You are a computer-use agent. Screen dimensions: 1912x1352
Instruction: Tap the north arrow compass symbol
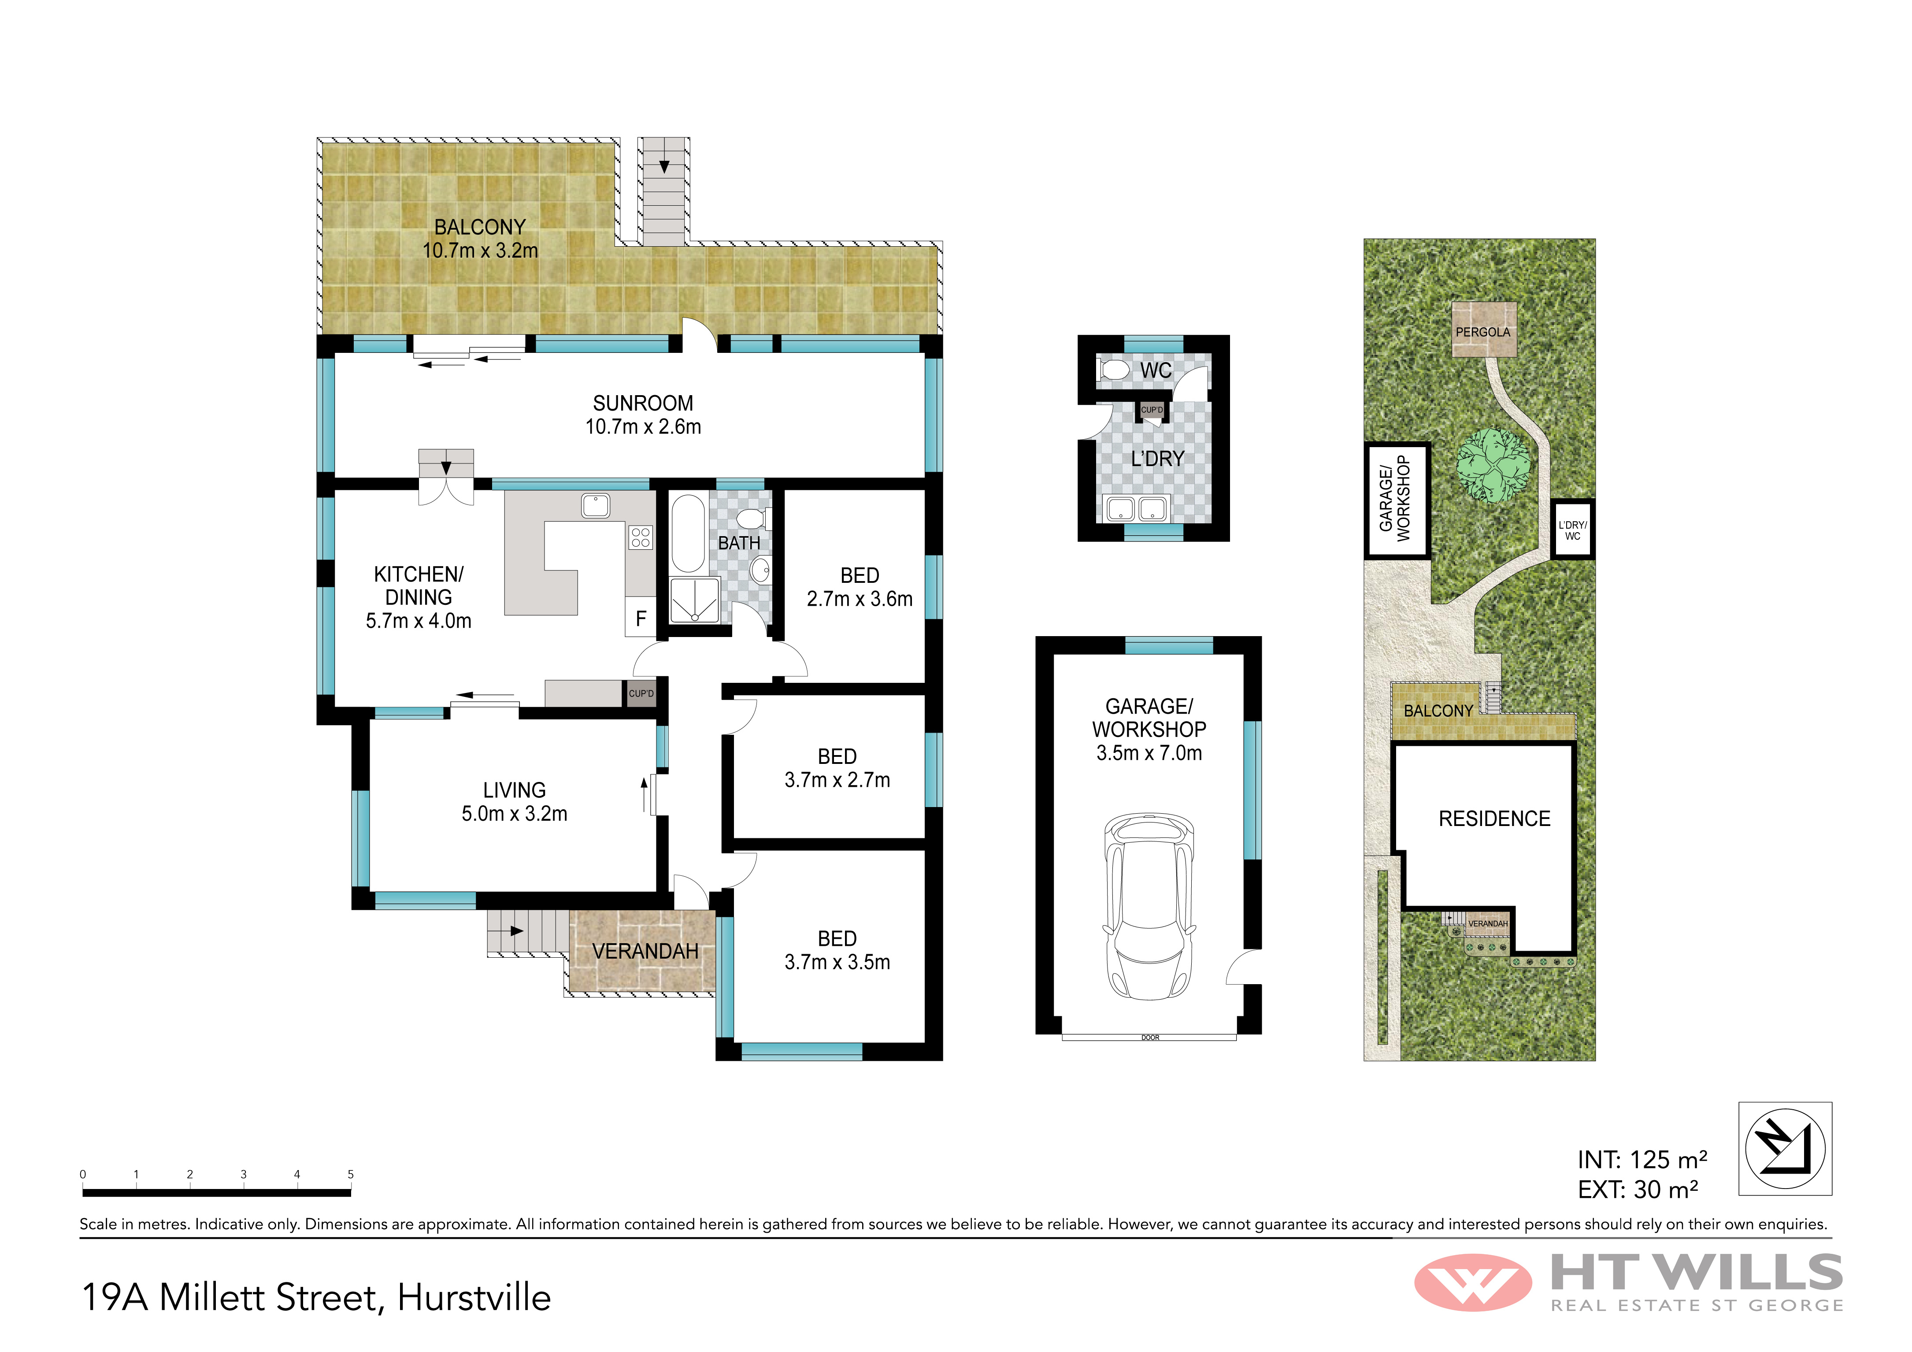[1785, 1149]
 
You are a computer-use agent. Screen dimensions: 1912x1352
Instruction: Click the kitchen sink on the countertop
[596, 505]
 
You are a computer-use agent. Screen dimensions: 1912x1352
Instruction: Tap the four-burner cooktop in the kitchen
[641, 537]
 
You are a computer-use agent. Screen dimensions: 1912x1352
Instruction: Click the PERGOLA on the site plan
[1482, 330]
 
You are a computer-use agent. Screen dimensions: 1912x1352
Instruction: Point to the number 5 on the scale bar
[351, 1174]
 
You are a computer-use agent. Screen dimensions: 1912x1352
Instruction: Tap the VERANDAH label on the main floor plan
[645, 951]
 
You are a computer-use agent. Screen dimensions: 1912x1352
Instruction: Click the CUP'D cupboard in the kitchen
[641, 693]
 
